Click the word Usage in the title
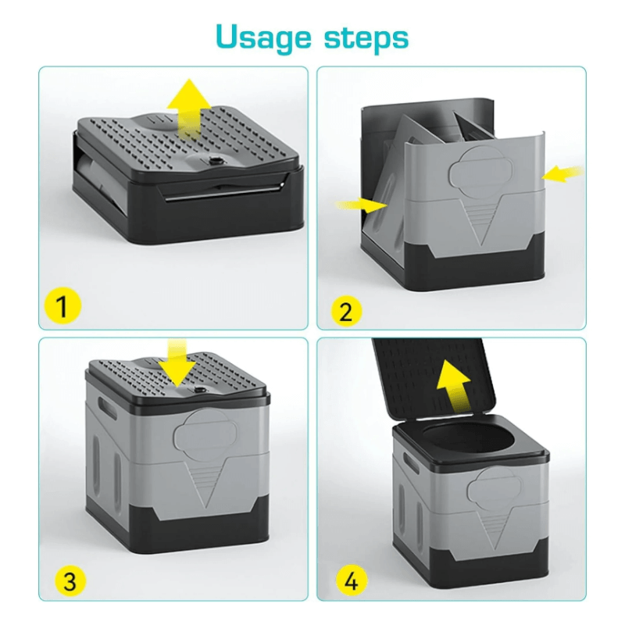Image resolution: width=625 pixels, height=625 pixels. point(263,38)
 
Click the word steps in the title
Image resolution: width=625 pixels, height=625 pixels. point(366,37)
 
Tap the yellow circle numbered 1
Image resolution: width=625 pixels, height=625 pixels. point(62,305)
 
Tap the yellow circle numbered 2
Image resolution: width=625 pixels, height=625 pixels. point(346,311)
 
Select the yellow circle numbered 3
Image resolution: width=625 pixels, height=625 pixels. point(70,580)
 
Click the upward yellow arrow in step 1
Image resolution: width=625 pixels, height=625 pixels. point(189,105)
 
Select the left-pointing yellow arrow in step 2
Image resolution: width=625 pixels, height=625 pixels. point(562,173)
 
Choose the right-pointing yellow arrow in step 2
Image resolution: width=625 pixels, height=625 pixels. point(361,205)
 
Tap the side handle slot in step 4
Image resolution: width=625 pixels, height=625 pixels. point(411,462)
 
